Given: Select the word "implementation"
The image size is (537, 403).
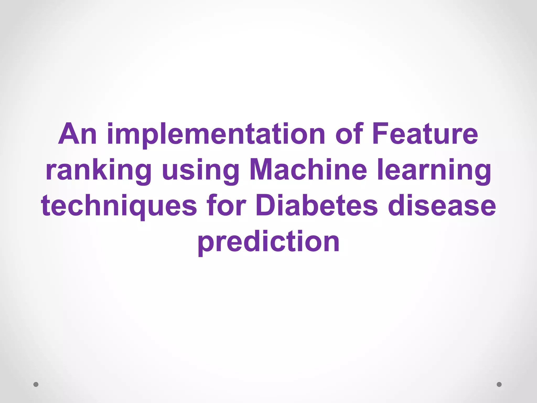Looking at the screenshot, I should coord(216,134).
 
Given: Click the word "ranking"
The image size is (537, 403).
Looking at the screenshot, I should coord(99,171).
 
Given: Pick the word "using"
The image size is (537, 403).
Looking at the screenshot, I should coord(201,171).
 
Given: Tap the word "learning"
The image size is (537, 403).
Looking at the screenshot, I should coord(434,171).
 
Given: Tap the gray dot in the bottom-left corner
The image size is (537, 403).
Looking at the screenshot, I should coord(36,384).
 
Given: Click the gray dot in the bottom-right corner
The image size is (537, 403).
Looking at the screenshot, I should coord(499,384).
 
